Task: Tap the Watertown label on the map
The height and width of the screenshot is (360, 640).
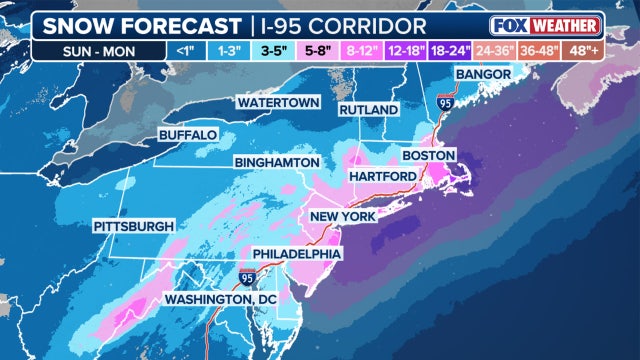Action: click(x=278, y=103)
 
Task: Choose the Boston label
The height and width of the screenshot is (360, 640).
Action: click(x=428, y=155)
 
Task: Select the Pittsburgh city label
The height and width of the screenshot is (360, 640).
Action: click(x=133, y=226)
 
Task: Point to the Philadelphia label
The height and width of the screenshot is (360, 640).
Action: click(x=295, y=254)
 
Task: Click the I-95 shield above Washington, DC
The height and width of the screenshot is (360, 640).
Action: click(x=246, y=275)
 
